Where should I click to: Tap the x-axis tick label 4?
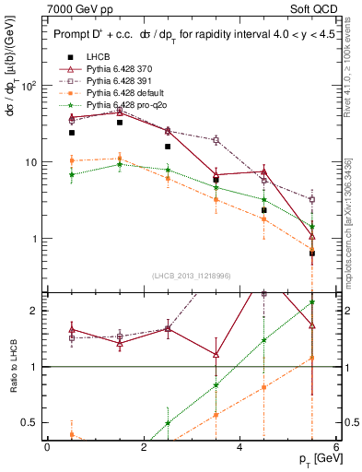coord(239,446)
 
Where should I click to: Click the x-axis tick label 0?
coord(47,446)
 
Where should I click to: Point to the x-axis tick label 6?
coord(335,446)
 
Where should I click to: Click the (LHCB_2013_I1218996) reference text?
coord(191,276)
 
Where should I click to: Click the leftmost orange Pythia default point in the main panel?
coord(72,160)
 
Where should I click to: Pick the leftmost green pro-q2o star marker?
coord(72,174)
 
